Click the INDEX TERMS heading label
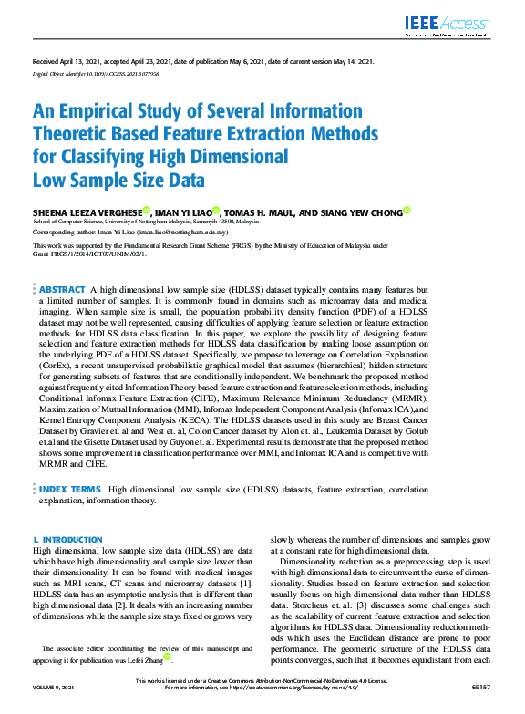tap(69, 489)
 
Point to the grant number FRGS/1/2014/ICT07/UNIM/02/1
tap(89, 254)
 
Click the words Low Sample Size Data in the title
tap(118, 178)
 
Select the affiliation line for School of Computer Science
tap(146, 221)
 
